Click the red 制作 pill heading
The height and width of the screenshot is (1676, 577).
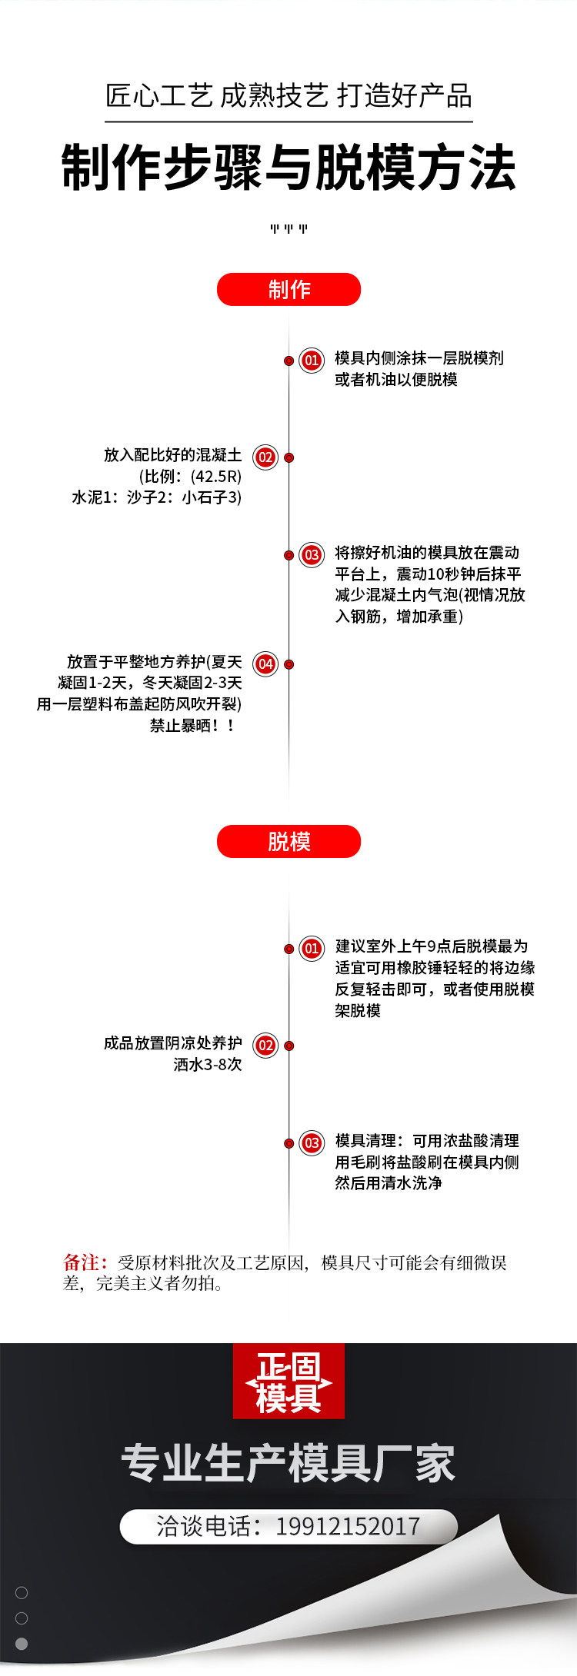point(288,290)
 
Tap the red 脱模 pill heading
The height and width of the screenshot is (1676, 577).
point(288,841)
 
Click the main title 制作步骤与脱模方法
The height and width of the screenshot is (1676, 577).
point(288,168)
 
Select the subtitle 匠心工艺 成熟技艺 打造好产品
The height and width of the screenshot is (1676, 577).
point(288,97)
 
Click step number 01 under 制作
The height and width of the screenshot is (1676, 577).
point(312,360)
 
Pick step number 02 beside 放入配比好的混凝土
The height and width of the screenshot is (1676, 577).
point(265,457)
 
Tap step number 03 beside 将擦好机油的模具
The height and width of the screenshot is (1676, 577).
point(312,555)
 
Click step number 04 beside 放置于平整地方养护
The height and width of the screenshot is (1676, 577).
point(265,663)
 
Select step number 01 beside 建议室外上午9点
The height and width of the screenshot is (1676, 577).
point(312,948)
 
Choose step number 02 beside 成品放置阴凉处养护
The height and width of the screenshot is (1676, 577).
point(265,1045)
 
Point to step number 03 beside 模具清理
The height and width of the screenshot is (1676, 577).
point(312,1142)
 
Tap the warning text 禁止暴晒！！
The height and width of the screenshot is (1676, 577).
point(192,725)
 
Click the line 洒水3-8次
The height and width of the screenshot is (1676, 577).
point(207,1065)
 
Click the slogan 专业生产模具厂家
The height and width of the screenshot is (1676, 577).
point(288,1463)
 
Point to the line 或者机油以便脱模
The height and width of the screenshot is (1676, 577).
point(395,380)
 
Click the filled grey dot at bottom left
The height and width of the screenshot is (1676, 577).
point(22,1644)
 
